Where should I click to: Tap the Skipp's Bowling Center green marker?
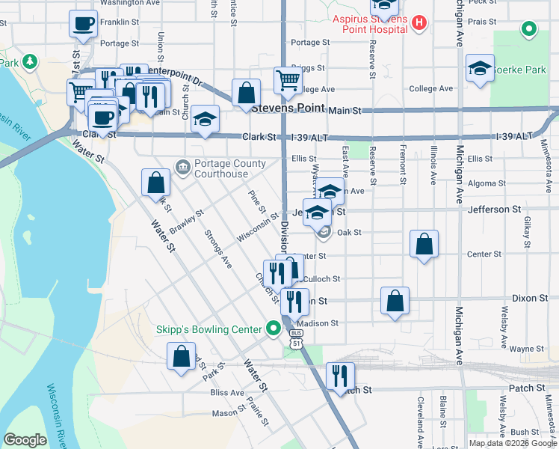tap(274, 329)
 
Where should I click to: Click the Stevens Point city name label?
tap(288, 108)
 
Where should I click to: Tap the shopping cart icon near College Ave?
tap(288, 79)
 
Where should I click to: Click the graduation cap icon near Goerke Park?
tap(480, 69)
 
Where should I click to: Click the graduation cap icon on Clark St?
tap(205, 119)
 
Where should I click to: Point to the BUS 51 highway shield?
tap(297, 338)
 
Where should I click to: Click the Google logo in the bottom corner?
tap(25, 440)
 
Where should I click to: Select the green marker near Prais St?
tap(528, 30)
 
